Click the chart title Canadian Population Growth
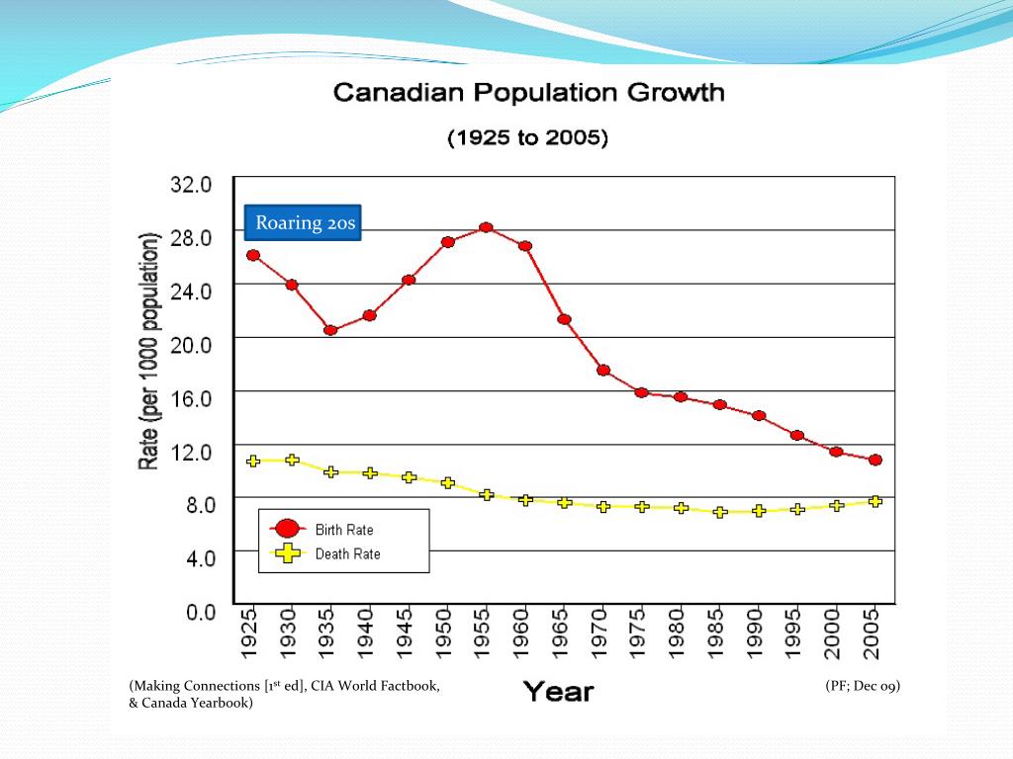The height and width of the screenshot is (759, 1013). pos(529,94)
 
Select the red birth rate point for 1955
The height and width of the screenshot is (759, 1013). pos(486,228)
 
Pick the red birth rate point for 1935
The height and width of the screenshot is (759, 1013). pos(330,330)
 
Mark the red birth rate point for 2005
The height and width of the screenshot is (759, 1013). pos(875,460)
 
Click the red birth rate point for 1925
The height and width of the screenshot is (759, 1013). pos(253,255)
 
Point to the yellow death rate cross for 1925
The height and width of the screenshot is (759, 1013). pos(253,461)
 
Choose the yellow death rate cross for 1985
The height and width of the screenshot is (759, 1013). pos(720,512)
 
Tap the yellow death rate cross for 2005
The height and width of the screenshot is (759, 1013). pos(875,501)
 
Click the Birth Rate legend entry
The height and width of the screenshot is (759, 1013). pos(343,530)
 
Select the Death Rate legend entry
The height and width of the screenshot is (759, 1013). pos(347,554)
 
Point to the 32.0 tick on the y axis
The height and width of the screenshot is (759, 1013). pos(193,184)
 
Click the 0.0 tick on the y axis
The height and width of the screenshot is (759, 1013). pos(201,612)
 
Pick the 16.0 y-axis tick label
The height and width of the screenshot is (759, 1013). pos(193,397)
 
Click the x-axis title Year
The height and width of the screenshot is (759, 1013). pos(558,691)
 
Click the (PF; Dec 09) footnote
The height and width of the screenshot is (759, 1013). pos(863,686)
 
